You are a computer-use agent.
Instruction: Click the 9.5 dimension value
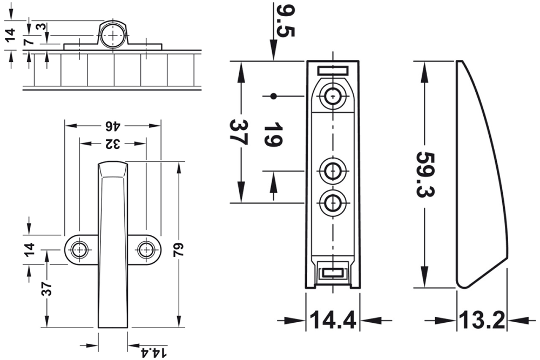(x=285, y=21)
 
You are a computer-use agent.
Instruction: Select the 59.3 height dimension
(x=427, y=174)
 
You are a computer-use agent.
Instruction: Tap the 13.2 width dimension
(x=482, y=321)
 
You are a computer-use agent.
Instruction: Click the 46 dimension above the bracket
(x=112, y=127)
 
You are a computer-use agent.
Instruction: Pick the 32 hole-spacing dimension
(x=112, y=144)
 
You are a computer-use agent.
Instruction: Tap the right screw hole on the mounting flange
(x=146, y=249)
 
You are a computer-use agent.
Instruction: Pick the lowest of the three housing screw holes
(x=333, y=203)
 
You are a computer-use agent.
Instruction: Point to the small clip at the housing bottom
(x=333, y=274)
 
